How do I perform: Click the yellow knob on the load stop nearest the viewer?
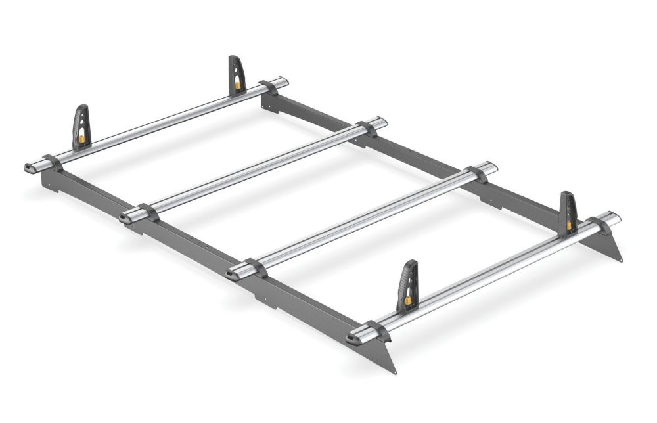[407, 301]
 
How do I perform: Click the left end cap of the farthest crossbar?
[31, 167]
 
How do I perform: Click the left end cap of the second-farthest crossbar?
[125, 217]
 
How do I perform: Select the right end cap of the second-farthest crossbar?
[383, 122]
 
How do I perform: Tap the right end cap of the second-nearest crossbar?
[493, 166]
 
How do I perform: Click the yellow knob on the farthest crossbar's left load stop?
[81, 139]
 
